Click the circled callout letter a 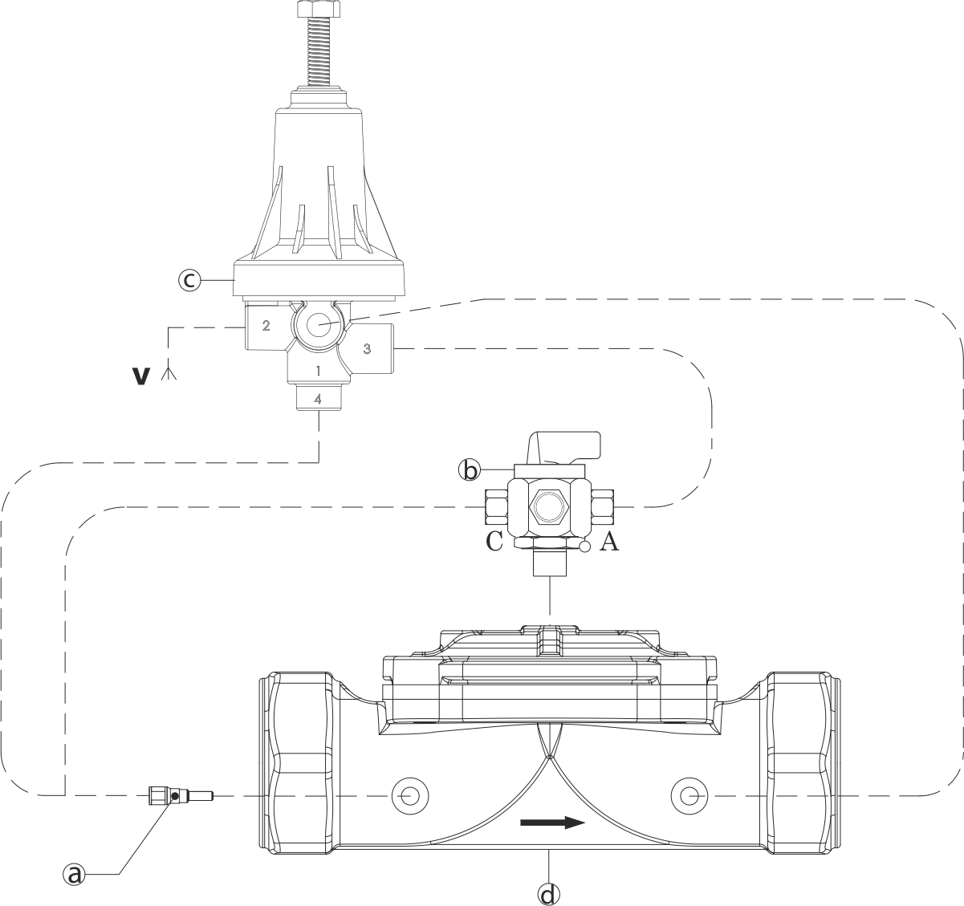75,874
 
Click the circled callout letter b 470,470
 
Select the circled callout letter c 189,280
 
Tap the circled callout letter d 548,894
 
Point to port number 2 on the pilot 266,325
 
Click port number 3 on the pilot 367,348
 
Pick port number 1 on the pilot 318,371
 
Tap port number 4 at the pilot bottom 317,399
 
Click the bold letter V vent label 140,376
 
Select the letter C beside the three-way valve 494,541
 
